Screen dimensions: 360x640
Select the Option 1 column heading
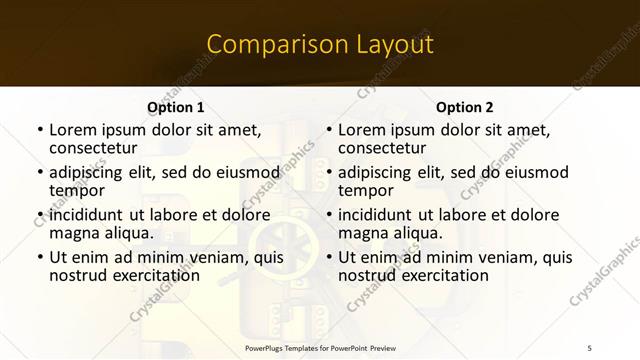point(175,107)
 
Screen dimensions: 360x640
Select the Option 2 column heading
point(465,107)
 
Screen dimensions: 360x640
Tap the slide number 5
point(589,346)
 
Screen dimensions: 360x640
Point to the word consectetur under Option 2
point(381,148)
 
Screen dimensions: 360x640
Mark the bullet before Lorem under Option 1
point(40,130)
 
